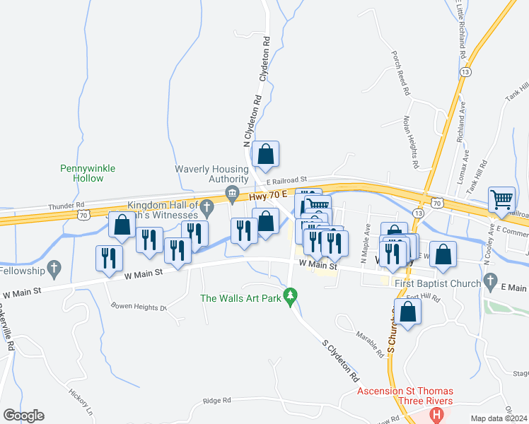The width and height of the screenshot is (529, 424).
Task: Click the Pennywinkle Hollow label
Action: [88, 173]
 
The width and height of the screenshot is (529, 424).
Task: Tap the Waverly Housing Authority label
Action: [212, 174]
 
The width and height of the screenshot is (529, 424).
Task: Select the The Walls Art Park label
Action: [240, 298]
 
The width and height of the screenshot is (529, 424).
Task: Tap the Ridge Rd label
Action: [216, 400]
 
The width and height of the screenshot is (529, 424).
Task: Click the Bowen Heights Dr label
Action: [139, 307]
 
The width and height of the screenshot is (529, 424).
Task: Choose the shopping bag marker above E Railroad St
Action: [265, 155]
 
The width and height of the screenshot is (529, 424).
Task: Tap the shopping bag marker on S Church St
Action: [408, 312]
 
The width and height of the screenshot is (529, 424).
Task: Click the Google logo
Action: [23, 416]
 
